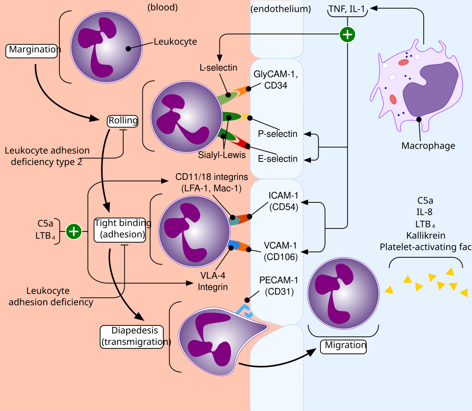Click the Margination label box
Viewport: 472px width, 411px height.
(32, 50)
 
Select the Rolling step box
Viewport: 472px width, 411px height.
(123, 121)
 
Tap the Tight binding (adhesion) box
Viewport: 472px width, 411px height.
(120, 229)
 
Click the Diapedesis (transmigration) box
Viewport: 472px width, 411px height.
(132, 337)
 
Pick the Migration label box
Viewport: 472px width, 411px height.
(343, 346)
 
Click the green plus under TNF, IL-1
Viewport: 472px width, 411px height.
(347, 35)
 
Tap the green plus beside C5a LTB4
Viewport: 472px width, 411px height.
(74, 231)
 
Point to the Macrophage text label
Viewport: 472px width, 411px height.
(428, 146)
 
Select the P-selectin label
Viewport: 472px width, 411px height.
(278, 134)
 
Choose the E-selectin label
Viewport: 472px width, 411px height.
(278, 159)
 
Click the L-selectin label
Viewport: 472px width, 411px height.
(218, 68)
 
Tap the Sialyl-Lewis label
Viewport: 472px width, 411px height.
(222, 155)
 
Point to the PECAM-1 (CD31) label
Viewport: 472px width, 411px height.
(279, 286)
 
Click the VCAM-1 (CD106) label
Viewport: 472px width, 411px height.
(280, 251)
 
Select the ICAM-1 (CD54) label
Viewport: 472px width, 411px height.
(283, 201)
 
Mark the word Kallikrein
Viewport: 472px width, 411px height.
(426, 236)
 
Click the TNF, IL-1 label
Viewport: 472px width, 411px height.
(347, 9)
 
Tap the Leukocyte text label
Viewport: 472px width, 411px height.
(175, 42)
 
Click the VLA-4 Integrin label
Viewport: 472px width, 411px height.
(213, 281)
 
